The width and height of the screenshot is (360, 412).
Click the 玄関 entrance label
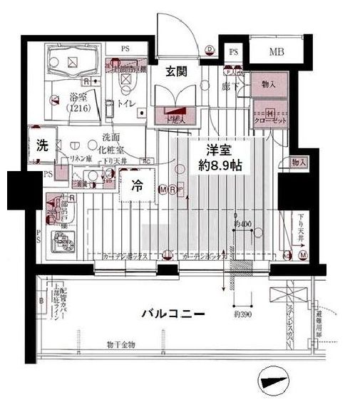(178, 71)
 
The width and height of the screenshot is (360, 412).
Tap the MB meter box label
(276, 51)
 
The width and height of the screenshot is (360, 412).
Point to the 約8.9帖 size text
(221, 165)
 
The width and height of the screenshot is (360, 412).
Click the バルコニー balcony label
(173, 312)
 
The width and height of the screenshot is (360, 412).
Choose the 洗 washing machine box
(42, 145)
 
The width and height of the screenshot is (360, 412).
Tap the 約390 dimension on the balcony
(243, 313)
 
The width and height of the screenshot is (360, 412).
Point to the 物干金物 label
(120, 345)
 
